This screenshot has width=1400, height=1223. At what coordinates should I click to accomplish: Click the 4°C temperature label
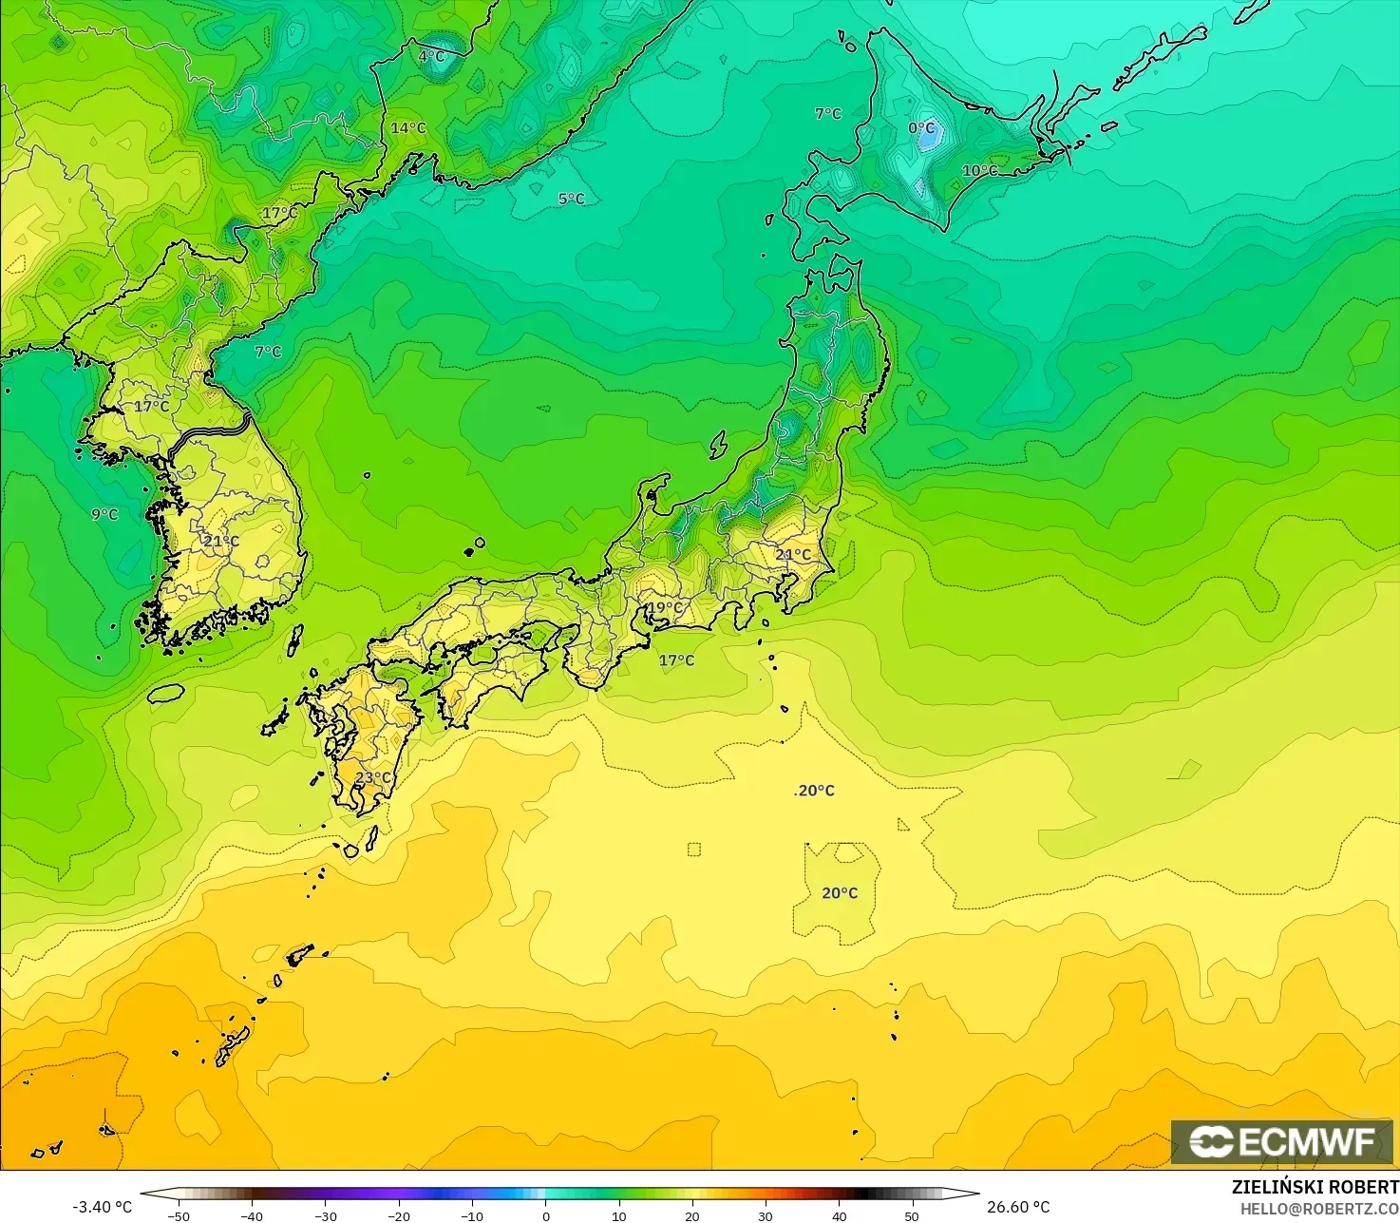click(431, 56)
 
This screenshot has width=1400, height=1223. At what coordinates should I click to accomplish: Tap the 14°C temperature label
click(408, 128)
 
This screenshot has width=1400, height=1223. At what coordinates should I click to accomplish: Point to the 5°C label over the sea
click(571, 199)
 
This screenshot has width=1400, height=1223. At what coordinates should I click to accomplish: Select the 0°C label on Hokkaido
click(921, 128)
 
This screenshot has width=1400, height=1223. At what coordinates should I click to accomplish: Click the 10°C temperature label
click(980, 171)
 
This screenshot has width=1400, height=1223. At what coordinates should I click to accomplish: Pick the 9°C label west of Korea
click(104, 514)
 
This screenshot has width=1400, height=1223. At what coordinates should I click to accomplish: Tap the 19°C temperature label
click(665, 608)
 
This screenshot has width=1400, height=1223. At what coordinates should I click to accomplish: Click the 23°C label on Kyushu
click(373, 777)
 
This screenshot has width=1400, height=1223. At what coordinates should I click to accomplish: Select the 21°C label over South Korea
click(221, 542)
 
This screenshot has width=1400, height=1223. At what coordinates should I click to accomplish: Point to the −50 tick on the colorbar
click(178, 1215)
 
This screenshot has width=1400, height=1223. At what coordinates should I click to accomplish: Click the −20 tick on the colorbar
click(399, 1215)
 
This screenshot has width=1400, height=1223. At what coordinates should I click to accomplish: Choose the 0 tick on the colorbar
click(545, 1215)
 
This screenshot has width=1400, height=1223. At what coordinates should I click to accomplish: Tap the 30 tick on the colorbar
click(766, 1215)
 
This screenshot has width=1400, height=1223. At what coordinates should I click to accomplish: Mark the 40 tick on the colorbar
click(839, 1215)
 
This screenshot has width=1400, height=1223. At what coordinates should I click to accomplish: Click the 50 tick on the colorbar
click(912, 1215)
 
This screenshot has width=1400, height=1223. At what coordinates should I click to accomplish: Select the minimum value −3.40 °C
click(102, 1207)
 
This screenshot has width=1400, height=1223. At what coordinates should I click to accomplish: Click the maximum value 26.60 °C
click(1018, 1207)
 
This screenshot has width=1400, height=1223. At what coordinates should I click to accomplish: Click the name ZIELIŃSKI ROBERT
click(1315, 1187)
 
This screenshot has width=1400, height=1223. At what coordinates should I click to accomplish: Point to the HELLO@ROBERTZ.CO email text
click(1319, 1208)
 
